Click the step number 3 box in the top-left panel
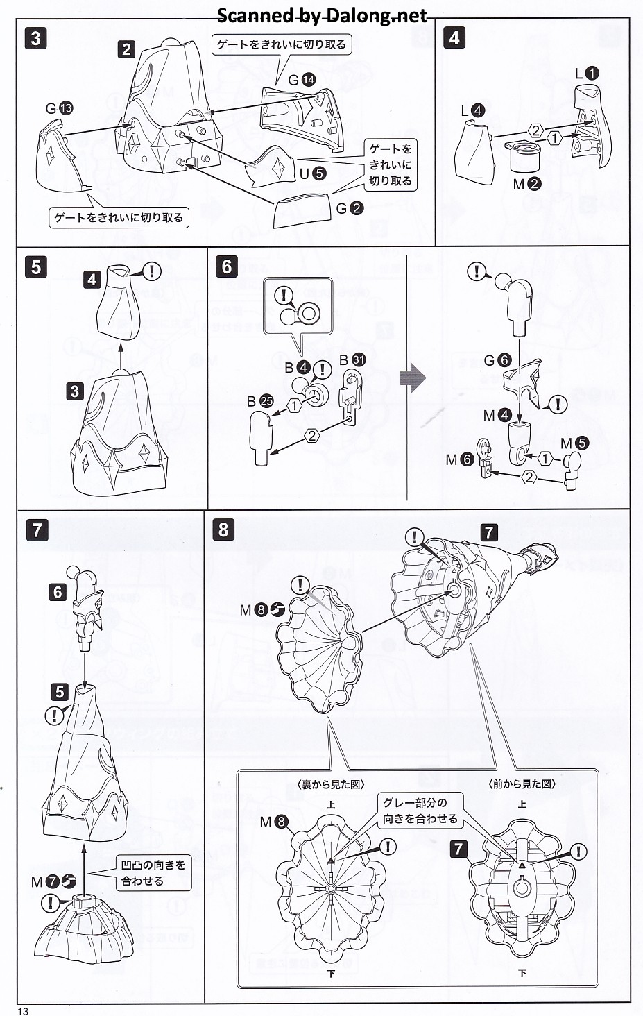click(35, 37)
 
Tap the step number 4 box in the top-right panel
click(454, 37)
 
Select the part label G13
click(59, 108)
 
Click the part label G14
click(301, 81)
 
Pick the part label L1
click(587, 73)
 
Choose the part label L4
click(473, 110)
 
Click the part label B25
click(260, 401)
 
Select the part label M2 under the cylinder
click(526, 184)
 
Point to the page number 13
click(23, 1010)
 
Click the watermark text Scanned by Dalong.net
click(322, 15)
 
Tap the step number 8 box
click(223, 530)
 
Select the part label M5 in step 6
click(574, 443)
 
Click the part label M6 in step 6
click(459, 459)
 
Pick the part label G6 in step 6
click(497, 360)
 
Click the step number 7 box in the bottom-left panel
click(37, 531)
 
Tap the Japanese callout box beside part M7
click(153, 873)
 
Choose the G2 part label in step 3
click(350, 208)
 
